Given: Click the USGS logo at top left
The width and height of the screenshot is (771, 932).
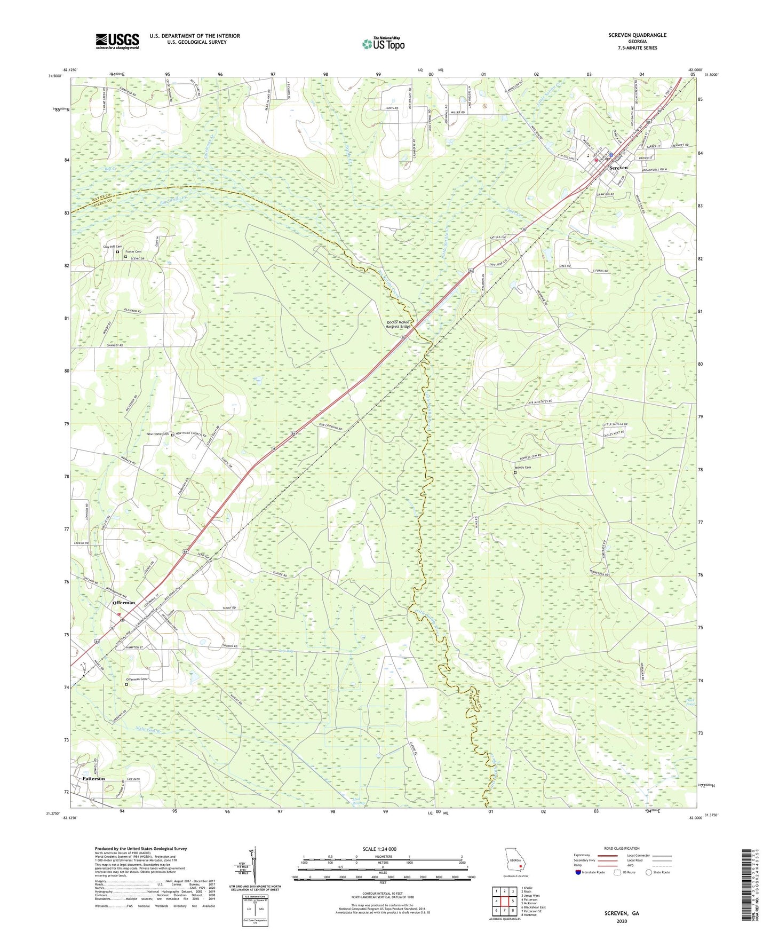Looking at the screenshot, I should click(117, 41).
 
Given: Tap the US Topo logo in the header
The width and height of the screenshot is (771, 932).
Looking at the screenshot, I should click(383, 43).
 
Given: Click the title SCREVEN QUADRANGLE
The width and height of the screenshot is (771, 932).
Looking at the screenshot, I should click(637, 35).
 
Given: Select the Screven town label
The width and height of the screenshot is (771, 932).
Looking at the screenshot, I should click(618, 168).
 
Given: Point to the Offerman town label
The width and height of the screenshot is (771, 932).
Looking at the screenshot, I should click(124, 603).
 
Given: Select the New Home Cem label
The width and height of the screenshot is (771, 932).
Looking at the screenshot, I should click(157, 434).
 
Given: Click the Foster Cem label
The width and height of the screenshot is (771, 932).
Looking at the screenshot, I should click(133, 251).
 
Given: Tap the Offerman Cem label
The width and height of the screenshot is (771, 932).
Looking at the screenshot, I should click(136, 679).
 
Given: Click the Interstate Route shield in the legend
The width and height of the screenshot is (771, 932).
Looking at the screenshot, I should click(578, 872).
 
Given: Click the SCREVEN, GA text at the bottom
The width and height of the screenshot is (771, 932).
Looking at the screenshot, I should click(621, 913).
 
